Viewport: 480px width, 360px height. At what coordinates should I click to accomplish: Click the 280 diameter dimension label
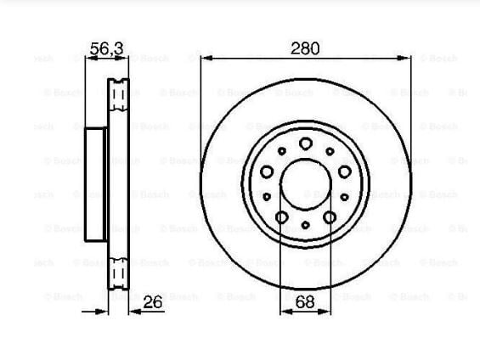click(305, 48)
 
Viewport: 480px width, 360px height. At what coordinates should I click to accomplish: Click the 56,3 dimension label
click(107, 48)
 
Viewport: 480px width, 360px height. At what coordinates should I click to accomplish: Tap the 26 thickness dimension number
click(152, 302)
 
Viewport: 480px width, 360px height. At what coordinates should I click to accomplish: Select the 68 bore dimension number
click(305, 302)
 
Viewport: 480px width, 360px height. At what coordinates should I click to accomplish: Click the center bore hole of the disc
click(306, 184)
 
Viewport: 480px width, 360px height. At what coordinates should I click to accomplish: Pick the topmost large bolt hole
click(306, 143)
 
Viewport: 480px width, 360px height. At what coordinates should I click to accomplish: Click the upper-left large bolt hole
click(267, 172)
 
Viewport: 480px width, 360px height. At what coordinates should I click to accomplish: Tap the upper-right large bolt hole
click(345, 172)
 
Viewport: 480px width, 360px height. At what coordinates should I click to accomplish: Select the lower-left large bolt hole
click(282, 217)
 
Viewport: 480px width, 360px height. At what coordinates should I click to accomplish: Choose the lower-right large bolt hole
click(330, 217)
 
